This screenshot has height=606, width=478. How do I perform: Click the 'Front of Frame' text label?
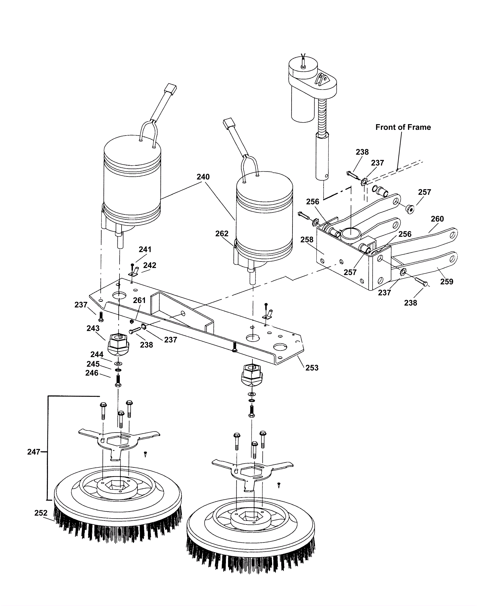pyautogui.click(x=403, y=127)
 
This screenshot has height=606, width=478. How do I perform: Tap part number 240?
pyautogui.click(x=203, y=177)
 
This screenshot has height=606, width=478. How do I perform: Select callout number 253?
pyautogui.click(x=312, y=368)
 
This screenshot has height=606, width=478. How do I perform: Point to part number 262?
pyautogui.click(x=222, y=233)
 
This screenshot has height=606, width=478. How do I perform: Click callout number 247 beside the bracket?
pyautogui.click(x=34, y=452)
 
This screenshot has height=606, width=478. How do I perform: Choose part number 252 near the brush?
pyautogui.click(x=41, y=513)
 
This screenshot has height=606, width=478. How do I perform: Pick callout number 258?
pyautogui.click(x=307, y=240)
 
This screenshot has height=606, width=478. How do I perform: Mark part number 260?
pyautogui.click(x=437, y=219)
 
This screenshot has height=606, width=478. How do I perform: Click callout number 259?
pyautogui.click(x=447, y=282)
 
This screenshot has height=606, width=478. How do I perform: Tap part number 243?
pyautogui.click(x=93, y=328)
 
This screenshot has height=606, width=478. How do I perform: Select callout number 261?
pyautogui.click(x=139, y=300)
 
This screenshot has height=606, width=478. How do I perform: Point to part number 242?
pyautogui.click(x=150, y=265)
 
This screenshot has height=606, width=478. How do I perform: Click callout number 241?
pyautogui.click(x=145, y=249)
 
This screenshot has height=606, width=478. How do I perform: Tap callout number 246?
pyautogui.click(x=92, y=373)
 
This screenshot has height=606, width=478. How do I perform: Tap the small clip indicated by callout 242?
pyautogui.click(x=134, y=272)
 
